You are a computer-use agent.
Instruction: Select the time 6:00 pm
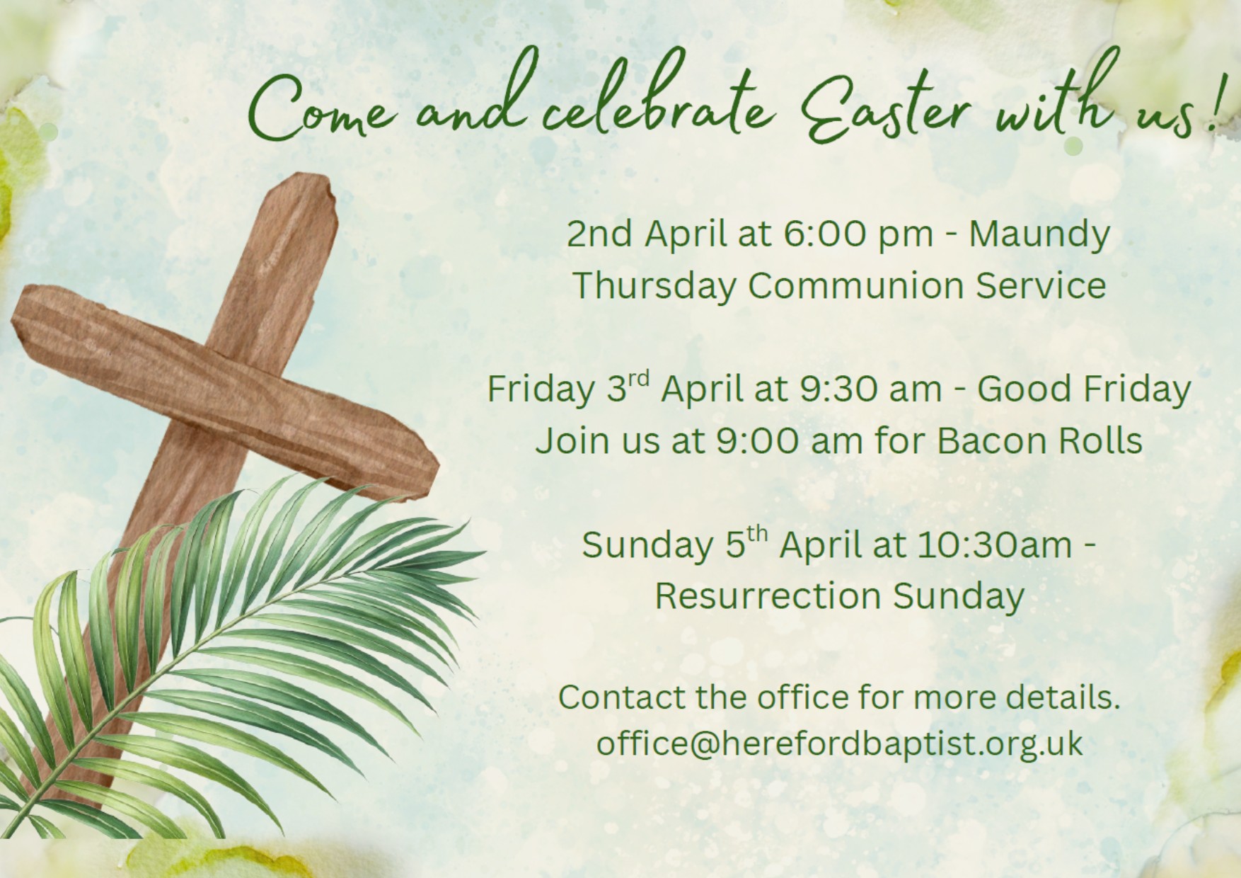click(x=858, y=234)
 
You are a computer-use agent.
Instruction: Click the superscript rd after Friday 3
click(x=638, y=379)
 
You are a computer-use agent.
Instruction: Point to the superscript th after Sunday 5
click(x=757, y=535)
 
